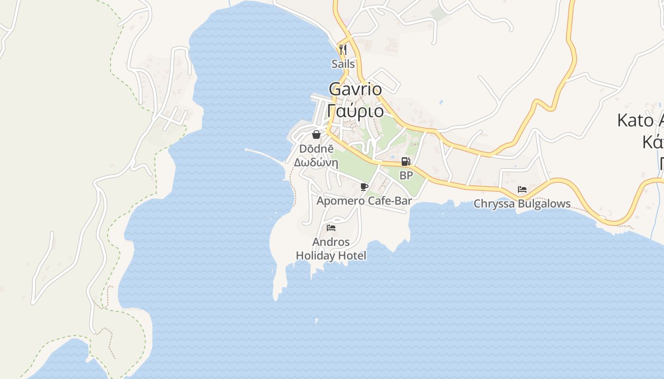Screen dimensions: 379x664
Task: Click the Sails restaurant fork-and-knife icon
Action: coord(343,49)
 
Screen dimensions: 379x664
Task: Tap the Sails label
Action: coord(343,63)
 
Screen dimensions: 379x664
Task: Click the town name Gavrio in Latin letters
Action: coord(355,89)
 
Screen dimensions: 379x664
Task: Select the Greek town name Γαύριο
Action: coord(356,111)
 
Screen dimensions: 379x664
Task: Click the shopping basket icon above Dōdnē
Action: coord(316,135)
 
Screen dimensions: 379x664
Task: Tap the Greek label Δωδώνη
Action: coord(316,162)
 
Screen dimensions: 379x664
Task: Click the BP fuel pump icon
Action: coord(406,162)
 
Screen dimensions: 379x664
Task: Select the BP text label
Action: coord(406,175)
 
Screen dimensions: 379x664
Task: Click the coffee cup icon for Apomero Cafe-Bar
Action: coord(364,187)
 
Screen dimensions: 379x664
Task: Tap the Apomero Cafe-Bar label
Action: coord(364,201)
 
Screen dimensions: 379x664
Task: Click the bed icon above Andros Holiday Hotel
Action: coord(331,228)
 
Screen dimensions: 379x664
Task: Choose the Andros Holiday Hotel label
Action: coord(331,249)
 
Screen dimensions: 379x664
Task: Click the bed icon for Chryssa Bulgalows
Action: coord(522,189)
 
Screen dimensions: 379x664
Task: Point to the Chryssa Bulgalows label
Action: coord(522,204)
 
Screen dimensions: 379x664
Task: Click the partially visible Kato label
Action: coord(640,120)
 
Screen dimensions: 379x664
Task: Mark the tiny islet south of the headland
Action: coord(316,321)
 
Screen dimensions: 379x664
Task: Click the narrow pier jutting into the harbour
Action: coord(264,154)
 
